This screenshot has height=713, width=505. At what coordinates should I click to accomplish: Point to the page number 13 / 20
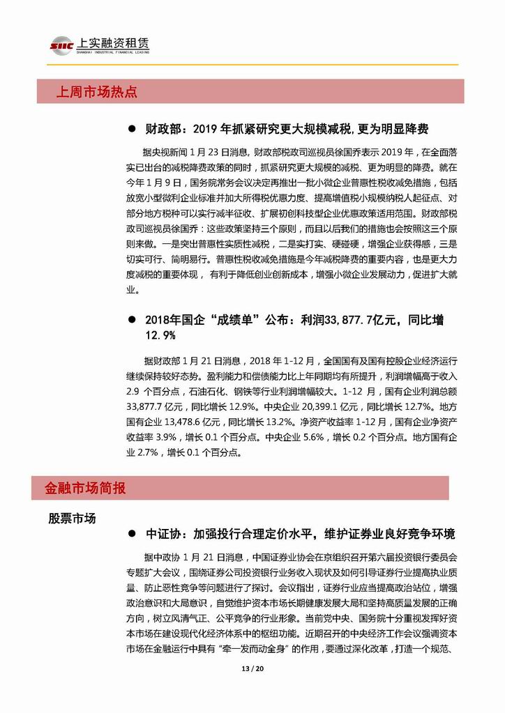coord(252,670)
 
